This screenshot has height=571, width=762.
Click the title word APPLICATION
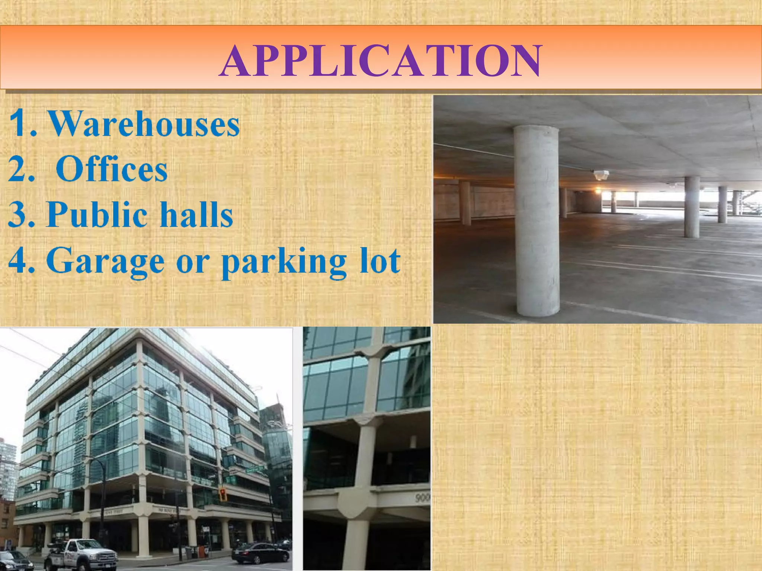pos(380,61)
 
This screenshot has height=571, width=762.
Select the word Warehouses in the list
pos(145,124)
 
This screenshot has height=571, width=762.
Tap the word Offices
pos(112,170)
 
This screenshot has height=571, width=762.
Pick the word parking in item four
pos(284,262)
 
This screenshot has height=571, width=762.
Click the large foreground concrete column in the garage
pos(537,221)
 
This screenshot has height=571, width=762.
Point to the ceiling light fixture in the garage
pos(601,174)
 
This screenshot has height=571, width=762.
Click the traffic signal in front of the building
pos(223,495)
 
